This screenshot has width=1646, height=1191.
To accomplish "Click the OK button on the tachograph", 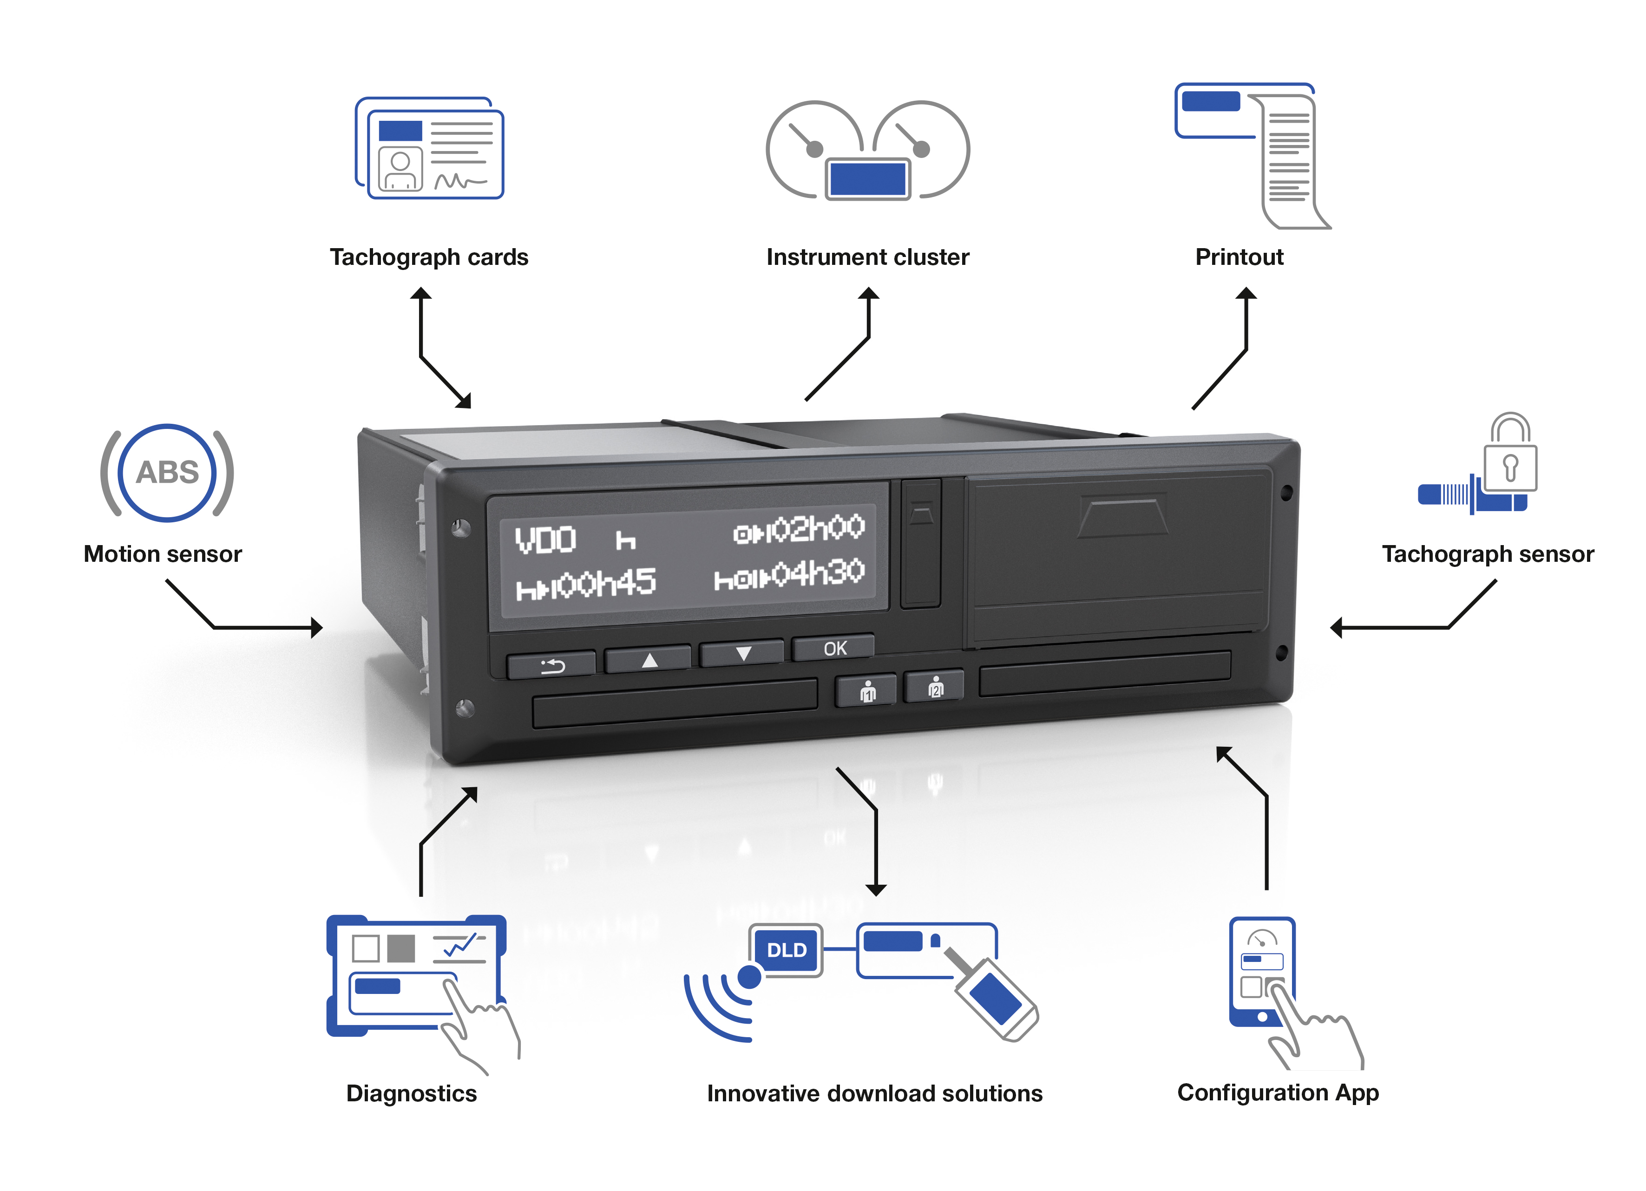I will coord(834,648).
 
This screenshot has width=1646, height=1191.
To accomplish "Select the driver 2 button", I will coord(935,687).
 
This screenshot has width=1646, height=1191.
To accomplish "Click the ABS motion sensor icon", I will coord(167,473).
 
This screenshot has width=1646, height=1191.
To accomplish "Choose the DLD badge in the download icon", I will coord(786,950).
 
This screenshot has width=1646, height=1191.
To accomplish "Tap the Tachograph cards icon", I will coord(430,149).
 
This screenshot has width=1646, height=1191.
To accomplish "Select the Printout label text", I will coord(1239,257).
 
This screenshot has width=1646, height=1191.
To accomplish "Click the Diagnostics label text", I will coord(412,1093).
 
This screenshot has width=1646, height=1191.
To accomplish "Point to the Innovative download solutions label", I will coord(874,1093).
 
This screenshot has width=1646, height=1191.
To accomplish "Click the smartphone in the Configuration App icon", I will coord(1261,971).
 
